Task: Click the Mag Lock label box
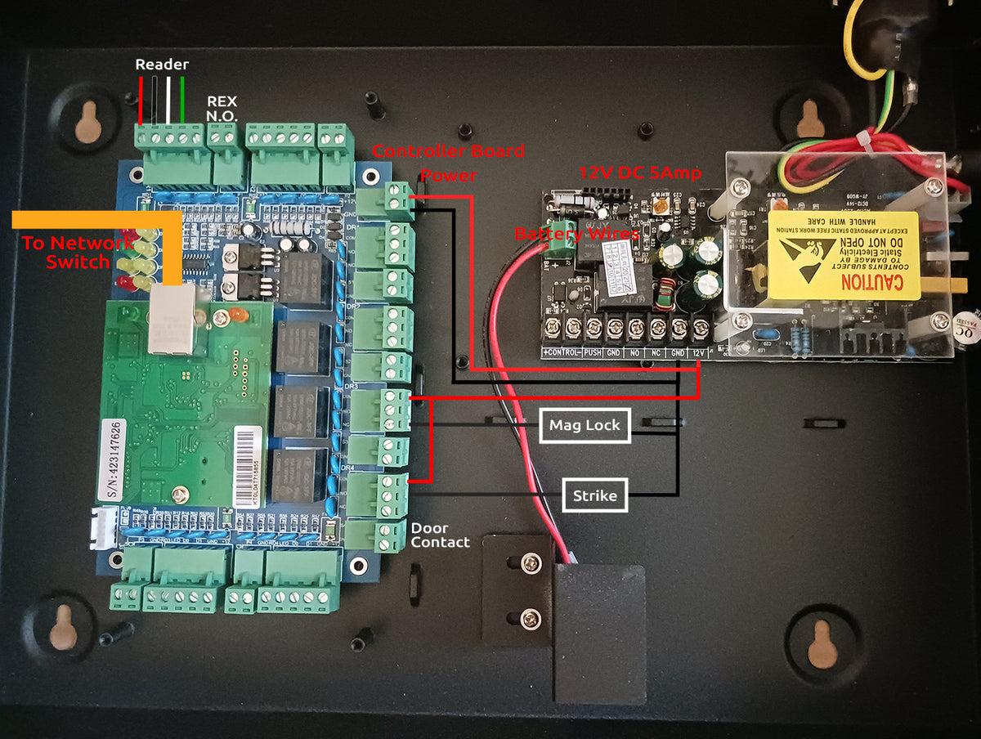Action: [585, 425]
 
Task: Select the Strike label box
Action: [594, 495]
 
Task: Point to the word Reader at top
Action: [162, 64]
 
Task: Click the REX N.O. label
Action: [222, 109]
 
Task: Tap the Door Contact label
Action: [440, 535]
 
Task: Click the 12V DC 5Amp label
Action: [640, 172]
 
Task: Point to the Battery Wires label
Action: [576, 235]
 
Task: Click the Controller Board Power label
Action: [448, 162]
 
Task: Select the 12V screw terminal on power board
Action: [700, 329]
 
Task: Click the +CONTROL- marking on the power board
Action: [561, 352]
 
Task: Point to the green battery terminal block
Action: [559, 237]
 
